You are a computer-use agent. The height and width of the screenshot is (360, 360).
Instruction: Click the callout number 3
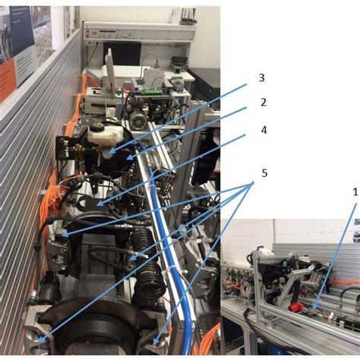point(261,77)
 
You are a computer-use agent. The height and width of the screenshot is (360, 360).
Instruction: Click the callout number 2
point(263,101)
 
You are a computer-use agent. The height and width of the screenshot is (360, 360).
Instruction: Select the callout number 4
point(263,129)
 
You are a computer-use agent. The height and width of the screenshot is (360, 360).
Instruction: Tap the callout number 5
point(264,173)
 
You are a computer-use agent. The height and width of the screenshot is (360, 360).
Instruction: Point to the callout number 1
point(355,192)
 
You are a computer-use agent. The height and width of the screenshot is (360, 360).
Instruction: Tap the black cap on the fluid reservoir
point(96,125)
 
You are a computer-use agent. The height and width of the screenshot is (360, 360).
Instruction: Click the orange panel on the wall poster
point(8,80)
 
